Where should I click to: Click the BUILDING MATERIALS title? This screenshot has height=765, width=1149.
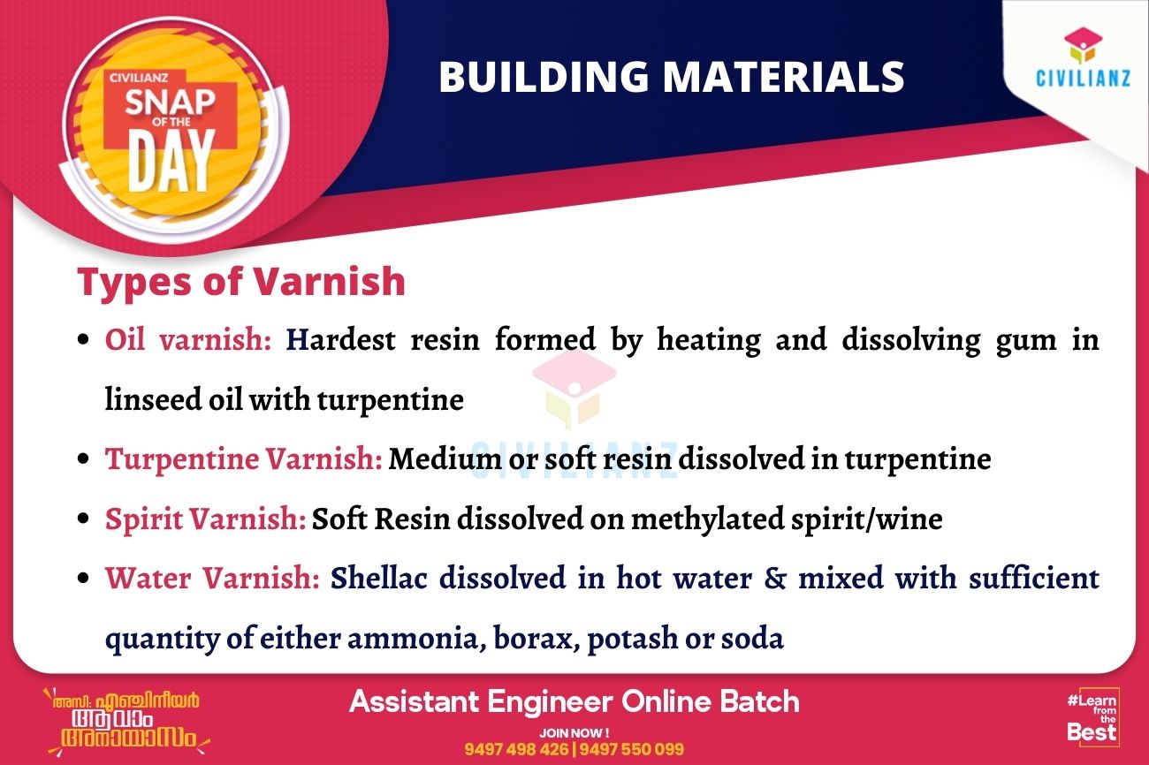point(671,76)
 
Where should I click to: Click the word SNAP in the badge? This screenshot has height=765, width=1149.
point(171,102)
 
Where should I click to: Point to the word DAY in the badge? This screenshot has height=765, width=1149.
point(171,161)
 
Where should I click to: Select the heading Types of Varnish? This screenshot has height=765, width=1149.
point(241,281)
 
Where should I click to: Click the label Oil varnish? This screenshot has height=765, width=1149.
point(187,339)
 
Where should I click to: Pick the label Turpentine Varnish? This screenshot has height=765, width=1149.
point(244,458)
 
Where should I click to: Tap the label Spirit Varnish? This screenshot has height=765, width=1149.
point(206,519)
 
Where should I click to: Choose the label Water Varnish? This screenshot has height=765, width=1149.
point(212,578)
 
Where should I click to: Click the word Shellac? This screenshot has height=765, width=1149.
point(378,578)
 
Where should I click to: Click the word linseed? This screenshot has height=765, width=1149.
point(153,399)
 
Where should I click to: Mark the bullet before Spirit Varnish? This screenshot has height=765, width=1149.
point(83,518)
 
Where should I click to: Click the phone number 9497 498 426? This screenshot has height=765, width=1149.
point(516,749)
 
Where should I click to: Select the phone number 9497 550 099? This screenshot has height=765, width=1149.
point(631,749)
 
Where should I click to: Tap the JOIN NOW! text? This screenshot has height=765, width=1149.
point(574,732)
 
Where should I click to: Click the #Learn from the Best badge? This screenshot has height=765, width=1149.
point(1092,716)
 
